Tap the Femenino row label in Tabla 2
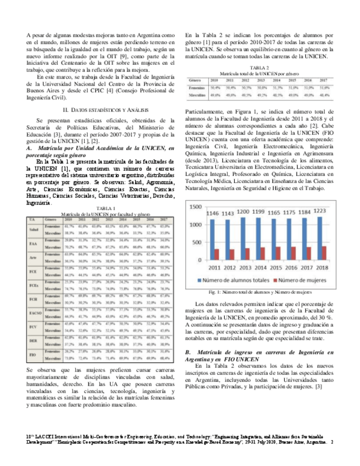point(197,87)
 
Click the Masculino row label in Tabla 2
point(197,95)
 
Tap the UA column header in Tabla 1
point(33,219)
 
